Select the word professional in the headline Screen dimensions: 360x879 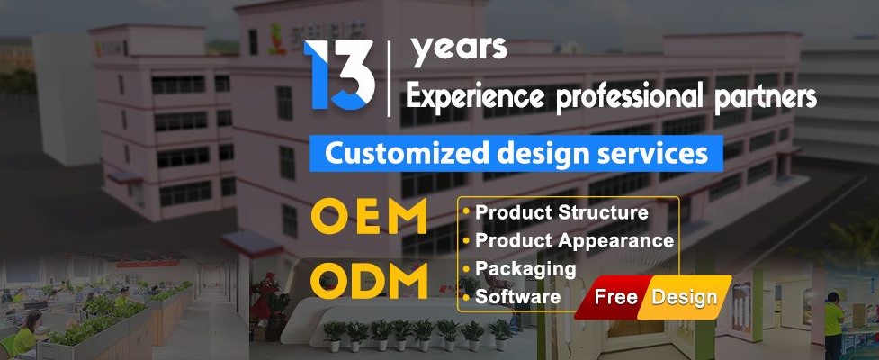[x=634, y=97]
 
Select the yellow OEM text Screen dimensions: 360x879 [x=369, y=218]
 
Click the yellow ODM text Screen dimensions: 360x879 [x=369, y=281]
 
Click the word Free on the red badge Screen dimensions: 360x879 [x=617, y=298]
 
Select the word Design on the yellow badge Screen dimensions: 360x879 [x=685, y=298]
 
